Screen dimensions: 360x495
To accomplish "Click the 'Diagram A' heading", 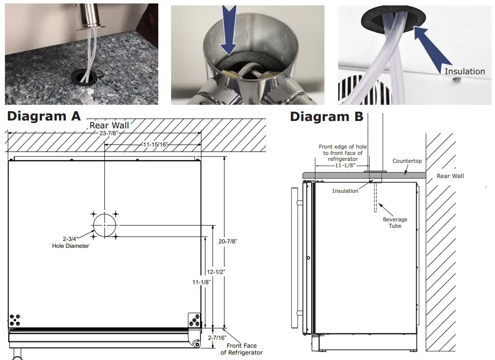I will (x=43, y=117).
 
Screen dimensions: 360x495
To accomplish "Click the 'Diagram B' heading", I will (x=326, y=117).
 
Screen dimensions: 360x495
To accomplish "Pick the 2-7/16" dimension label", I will (x=217, y=337).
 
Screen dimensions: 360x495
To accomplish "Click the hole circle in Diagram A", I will (x=104, y=225).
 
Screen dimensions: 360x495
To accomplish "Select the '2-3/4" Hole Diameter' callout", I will (x=70, y=242).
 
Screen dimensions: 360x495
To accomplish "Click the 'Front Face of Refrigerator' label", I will (x=241, y=349).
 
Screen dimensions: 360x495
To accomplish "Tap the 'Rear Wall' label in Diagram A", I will (x=109, y=125).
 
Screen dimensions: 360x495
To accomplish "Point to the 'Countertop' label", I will (x=407, y=161).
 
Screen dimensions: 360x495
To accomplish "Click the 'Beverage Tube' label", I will (x=395, y=223).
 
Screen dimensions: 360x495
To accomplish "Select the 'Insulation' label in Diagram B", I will (x=345, y=191).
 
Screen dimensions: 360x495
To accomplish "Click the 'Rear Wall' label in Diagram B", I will (x=450, y=176).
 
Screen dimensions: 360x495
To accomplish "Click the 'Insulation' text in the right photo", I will (x=464, y=71).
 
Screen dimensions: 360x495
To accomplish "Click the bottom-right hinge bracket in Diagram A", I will (x=195, y=320).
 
